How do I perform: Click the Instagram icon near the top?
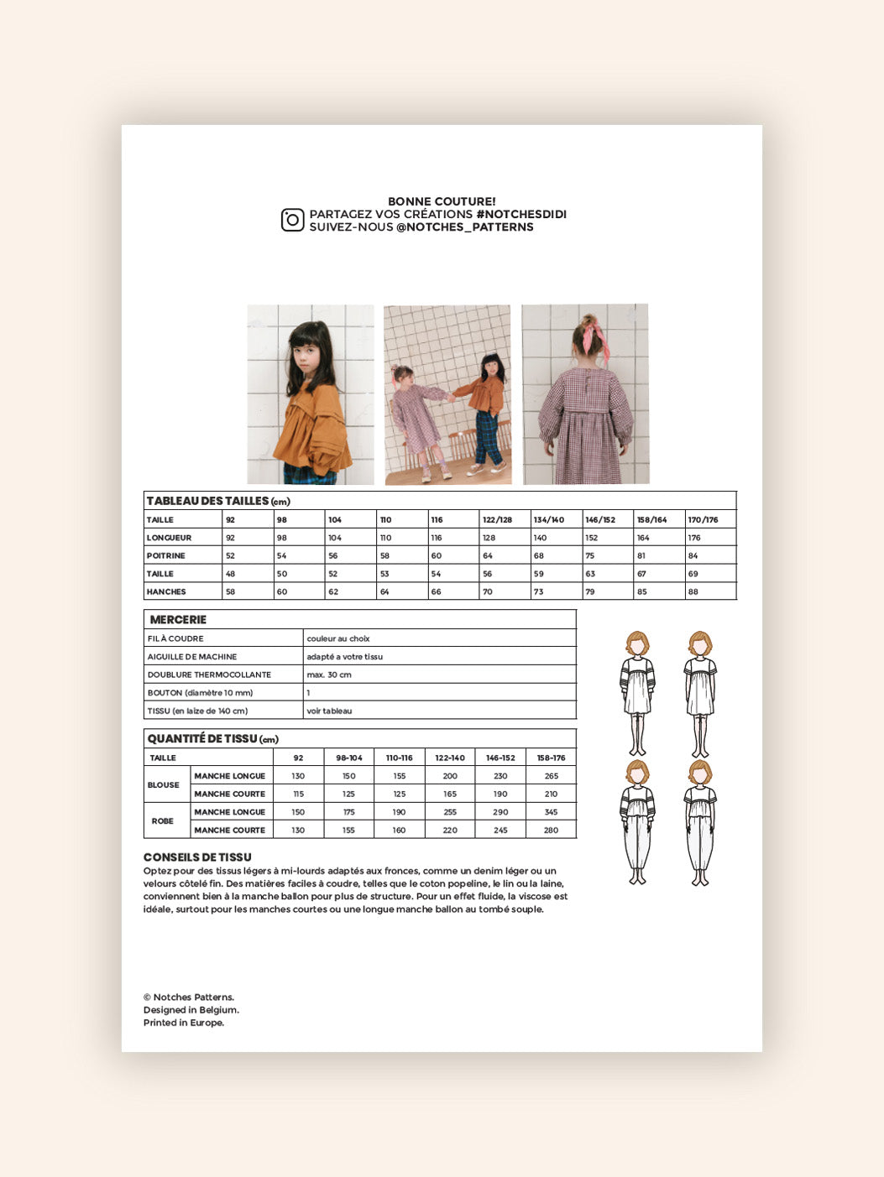pos(292,220)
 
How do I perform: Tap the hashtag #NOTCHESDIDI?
pos(520,215)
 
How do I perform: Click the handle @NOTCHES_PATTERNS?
pos(464,227)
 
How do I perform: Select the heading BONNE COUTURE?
pos(442,201)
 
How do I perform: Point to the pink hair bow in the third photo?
pos(598,333)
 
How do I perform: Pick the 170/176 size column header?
pos(703,520)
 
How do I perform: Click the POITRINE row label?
pos(166,556)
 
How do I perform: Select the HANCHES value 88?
pos(693,592)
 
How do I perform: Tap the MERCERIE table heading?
pos(178,620)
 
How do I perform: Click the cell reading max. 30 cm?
pos(329,675)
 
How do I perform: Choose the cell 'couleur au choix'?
pos(338,639)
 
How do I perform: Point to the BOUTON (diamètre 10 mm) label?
pos(200,693)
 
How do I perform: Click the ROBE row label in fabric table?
pos(163,821)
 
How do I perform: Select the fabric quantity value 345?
pos(551,812)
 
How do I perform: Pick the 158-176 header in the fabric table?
pos(551,758)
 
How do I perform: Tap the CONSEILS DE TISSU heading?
pos(197,857)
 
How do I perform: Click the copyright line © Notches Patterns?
pos(189,997)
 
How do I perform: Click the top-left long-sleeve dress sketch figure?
pos(638,693)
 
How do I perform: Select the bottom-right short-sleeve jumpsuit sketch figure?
pos(699,822)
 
